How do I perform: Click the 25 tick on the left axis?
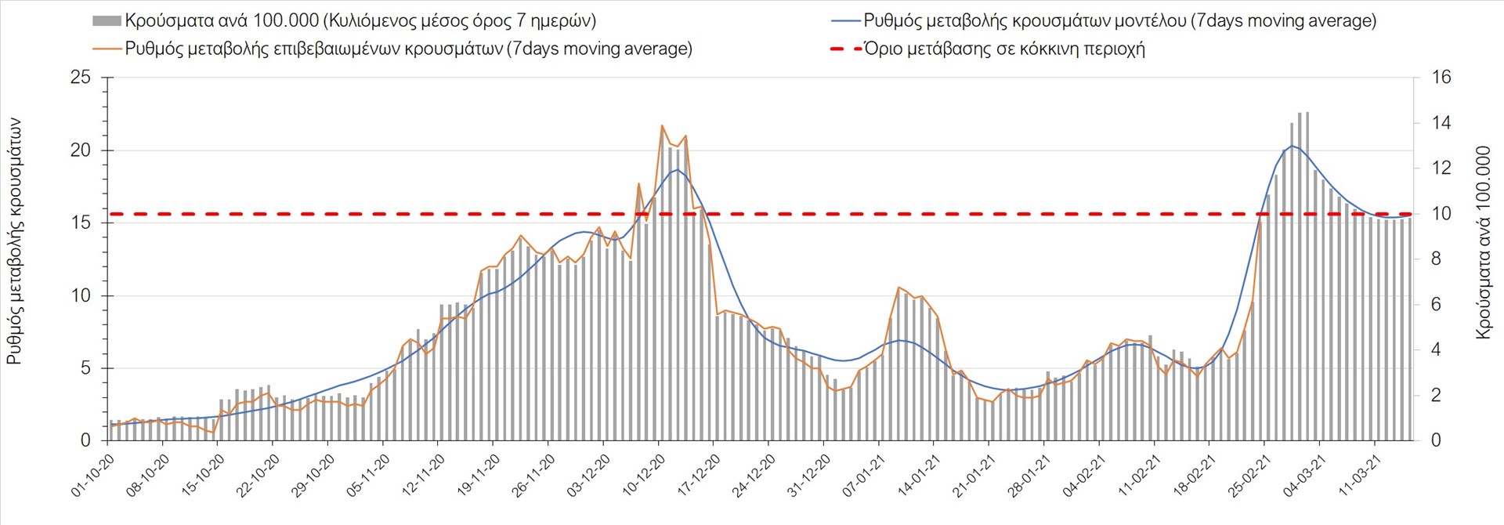[81, 78]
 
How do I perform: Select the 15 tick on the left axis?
[81, 223]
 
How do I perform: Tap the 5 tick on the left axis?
[85, 368]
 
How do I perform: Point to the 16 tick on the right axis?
[1441, 78]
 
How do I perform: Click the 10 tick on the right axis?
[1441, 214]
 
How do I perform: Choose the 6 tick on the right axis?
[1437, 305]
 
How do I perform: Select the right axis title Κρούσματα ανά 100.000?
[1484, 242]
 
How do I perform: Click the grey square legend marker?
[107, 21]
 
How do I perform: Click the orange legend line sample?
[107, 49]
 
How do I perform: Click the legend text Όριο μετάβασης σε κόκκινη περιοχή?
[1004, 49]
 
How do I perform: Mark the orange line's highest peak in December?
[662, 125]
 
